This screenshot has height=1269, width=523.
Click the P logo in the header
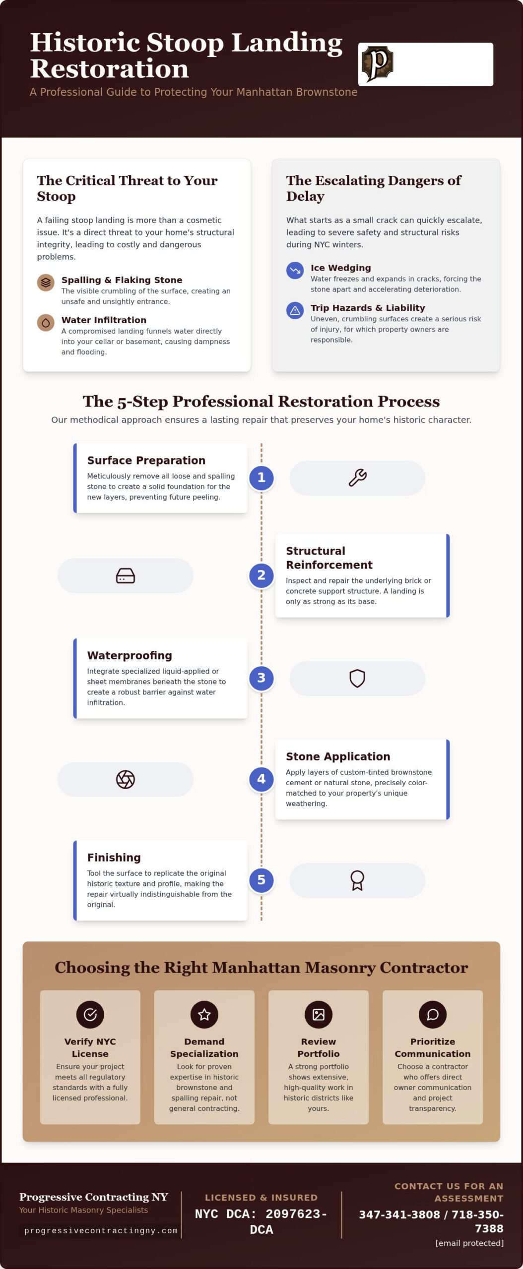pyautogui.click(x=377, y=64)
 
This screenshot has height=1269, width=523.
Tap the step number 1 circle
pyautogui.click(x=261, y=478)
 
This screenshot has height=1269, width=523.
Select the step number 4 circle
pyautogui.click(x=261, y=779)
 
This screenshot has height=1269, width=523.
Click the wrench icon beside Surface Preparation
pyautogui.click(x=357, y=478)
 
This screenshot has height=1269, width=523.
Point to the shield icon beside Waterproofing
pyautogui.click(x=357, y=678)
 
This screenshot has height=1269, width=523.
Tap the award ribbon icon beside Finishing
pyautogui.click(x=357, y=880)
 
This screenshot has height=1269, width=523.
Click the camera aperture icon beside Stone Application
pyautogui.click(x=126, y=779)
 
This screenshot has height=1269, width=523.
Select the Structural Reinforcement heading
pyautogui.click(x=329, y=558)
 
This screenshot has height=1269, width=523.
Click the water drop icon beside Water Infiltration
pyautogui.click(x=46, y=323)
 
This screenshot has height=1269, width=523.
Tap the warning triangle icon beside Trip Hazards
pyautogui.click(x=295, y=310)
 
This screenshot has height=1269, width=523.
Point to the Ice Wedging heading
pyautogui.click(x=341, y=268)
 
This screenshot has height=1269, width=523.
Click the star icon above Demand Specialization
pyautogui.click(x=204, y=1014)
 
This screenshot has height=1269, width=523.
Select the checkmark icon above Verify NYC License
pyautogui.click(x=90, y=1014)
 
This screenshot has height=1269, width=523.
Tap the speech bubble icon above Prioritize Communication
pyautogui.click(x=433, y=1014)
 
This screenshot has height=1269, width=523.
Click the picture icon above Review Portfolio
pyautogui.click(x=319, y=1014)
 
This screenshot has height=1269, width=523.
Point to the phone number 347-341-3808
pyautogui.click(x=399, y=1214)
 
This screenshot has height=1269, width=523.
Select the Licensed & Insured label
pyautogui.click(x=261, y=1197)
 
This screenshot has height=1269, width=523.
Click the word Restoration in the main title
pyautogui.click(x=110, y=69)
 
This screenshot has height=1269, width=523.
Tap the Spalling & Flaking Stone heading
pyautogui.click(x=122, y=280)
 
